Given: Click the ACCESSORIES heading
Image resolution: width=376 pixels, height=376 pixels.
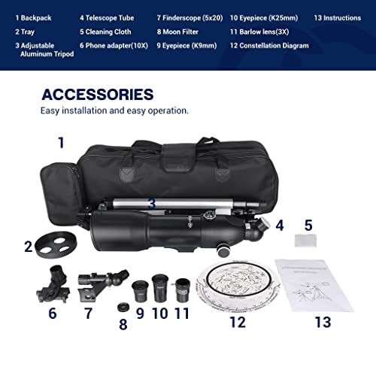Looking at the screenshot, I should (x=97, y=95).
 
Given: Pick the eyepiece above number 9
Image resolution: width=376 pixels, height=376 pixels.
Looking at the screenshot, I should (x=141, y=290).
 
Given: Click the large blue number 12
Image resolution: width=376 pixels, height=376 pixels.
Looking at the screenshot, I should (x=237, y=323).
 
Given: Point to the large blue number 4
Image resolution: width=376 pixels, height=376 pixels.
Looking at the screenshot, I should (x=278, y=224).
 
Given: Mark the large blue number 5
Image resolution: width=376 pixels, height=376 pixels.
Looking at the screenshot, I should (x=308, y=224).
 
